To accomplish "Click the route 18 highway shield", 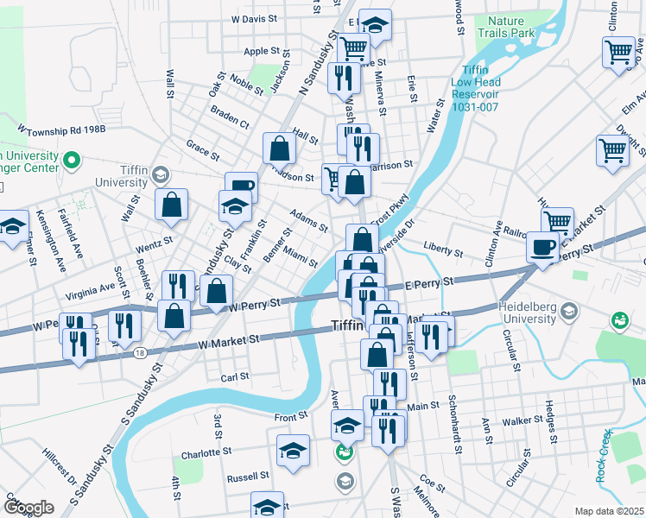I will tap(139, 352).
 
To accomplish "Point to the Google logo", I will tap(28, 508).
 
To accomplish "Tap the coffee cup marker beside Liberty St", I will tap(543, 247).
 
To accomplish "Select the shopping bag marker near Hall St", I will tap(280, 149).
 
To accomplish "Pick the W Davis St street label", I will tap(254, 17).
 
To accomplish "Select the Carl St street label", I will tap(235, 376).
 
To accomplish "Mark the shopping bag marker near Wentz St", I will tap(172, 205).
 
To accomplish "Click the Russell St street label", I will tap(249, 477).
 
